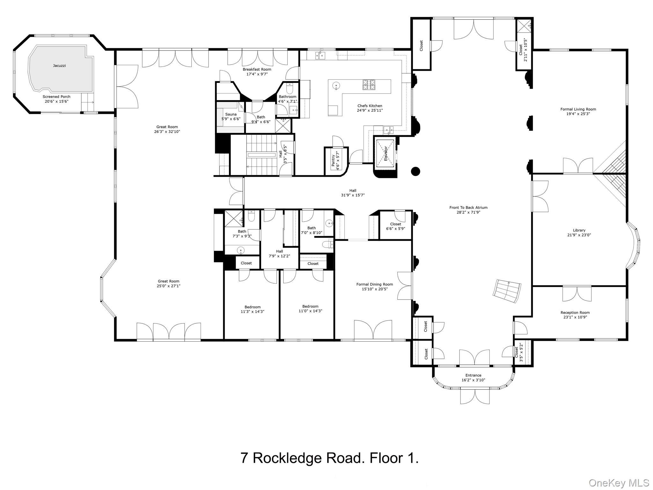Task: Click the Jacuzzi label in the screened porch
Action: pyautogui.click(x=59, y=66)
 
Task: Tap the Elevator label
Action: pyautogui.click(x=385, y=153)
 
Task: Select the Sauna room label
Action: pyautogui.click(x=231, y=114)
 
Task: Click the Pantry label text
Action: pyautogui.click(x=333, y=160)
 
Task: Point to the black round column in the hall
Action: pyautogui.click(x=415, y=171)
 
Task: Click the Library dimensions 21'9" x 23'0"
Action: pyautogui.click(x=579, y=235)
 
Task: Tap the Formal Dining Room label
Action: pyautogui.click(x=375, y=284)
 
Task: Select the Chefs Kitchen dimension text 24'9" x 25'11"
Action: pyautogui.click(x=370, y=111)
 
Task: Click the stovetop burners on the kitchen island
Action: pyautogui.click(x=369, y=85)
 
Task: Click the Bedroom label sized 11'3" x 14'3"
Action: pyautogui.click(x=253, y=307)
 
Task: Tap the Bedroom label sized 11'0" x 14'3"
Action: pyautogui.click(x=310, y=306)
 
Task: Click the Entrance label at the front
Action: pyautogui.click(x=473, y=375)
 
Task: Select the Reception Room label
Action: pyautogui.click(x=575, y=313)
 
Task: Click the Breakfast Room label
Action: pyautogui.click(x=257, y=69)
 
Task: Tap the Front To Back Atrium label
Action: pyautogui.click(x=468, y=208)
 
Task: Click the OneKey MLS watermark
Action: pyautogui.click(x=619, y=483)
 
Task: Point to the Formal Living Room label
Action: pyautogui.click(x=578, y=109)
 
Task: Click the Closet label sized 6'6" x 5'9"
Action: pyautogui.click(x=395, y=224)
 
